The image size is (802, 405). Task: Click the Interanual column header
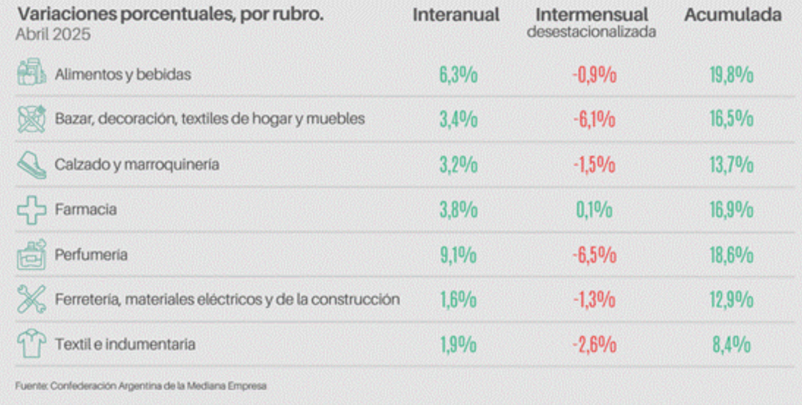[456, 15]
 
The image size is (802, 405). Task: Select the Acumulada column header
[732, 15]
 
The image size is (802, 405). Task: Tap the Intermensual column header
[591, 15]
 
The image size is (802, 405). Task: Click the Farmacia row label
[86, 209]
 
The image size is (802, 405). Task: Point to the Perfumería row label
[91, 255]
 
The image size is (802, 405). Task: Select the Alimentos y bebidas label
[123, 74]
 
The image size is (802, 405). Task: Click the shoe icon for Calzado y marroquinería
[31, 164]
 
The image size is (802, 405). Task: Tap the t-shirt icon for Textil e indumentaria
[31, 344]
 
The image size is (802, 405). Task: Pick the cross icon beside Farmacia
[31, 210]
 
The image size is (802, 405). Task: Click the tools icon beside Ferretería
[31, 299]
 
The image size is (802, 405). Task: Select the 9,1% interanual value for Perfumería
[458, 255]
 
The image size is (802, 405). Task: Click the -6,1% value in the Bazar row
[594, 119]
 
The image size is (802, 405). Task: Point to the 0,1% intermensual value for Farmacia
[594, 210]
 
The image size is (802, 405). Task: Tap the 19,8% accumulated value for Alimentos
[731, 75]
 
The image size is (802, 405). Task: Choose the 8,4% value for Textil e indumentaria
[731, 345]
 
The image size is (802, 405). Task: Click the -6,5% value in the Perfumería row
[594, 255]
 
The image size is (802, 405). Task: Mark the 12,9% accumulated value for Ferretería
[731, 300]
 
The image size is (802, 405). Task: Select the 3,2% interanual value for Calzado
[458, 165]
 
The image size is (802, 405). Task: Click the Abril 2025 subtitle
[53, 35]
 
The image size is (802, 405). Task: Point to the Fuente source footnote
[141, 386]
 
